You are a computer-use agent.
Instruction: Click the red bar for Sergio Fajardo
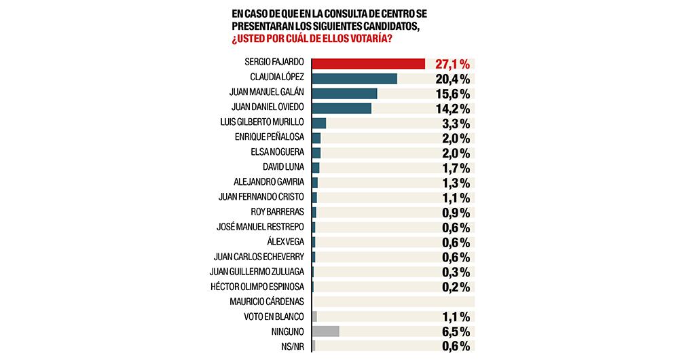(368, 64)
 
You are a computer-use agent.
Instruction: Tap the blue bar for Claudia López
(354, 79)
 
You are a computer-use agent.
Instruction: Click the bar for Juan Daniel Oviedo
(342, 109)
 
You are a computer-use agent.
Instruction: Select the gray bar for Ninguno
(325, 331)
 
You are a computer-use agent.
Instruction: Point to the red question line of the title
(312, 39)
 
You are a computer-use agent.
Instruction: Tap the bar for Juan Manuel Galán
(344, 94)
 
